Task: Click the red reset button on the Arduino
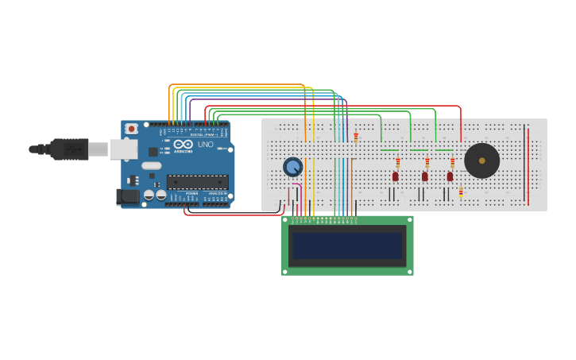click(131, 129)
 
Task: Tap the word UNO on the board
click(205, 144)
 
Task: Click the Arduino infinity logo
click(183, 144)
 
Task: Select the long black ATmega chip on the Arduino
click(197, 182)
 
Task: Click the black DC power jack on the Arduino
click(127, 196)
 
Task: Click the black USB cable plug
click(70, 149)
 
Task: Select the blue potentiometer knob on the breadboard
click(292, 167)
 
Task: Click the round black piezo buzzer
click(481, 161)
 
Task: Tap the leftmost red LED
click(395, 176)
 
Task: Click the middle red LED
click(424, 176)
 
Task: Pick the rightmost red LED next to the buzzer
click(450, 176)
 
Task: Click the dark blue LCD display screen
click(347, 246)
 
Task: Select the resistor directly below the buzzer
click(461, 192)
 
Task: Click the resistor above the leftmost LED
click(398, 162)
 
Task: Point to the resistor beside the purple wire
click(356, 137)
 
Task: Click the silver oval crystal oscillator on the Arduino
click(151, 166)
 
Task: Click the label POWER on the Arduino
click(192, 193)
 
